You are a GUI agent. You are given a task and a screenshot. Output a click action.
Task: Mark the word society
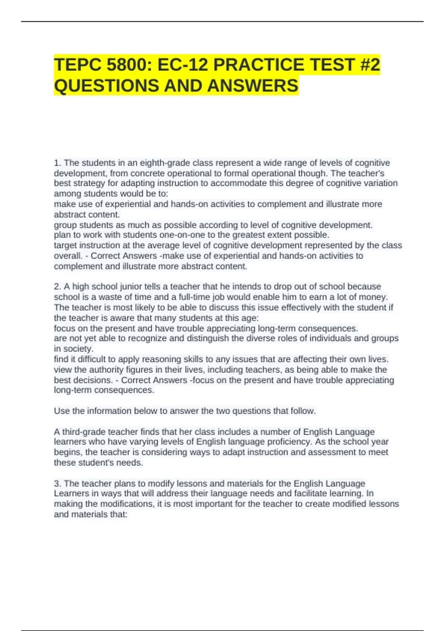tap(78, 349)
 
